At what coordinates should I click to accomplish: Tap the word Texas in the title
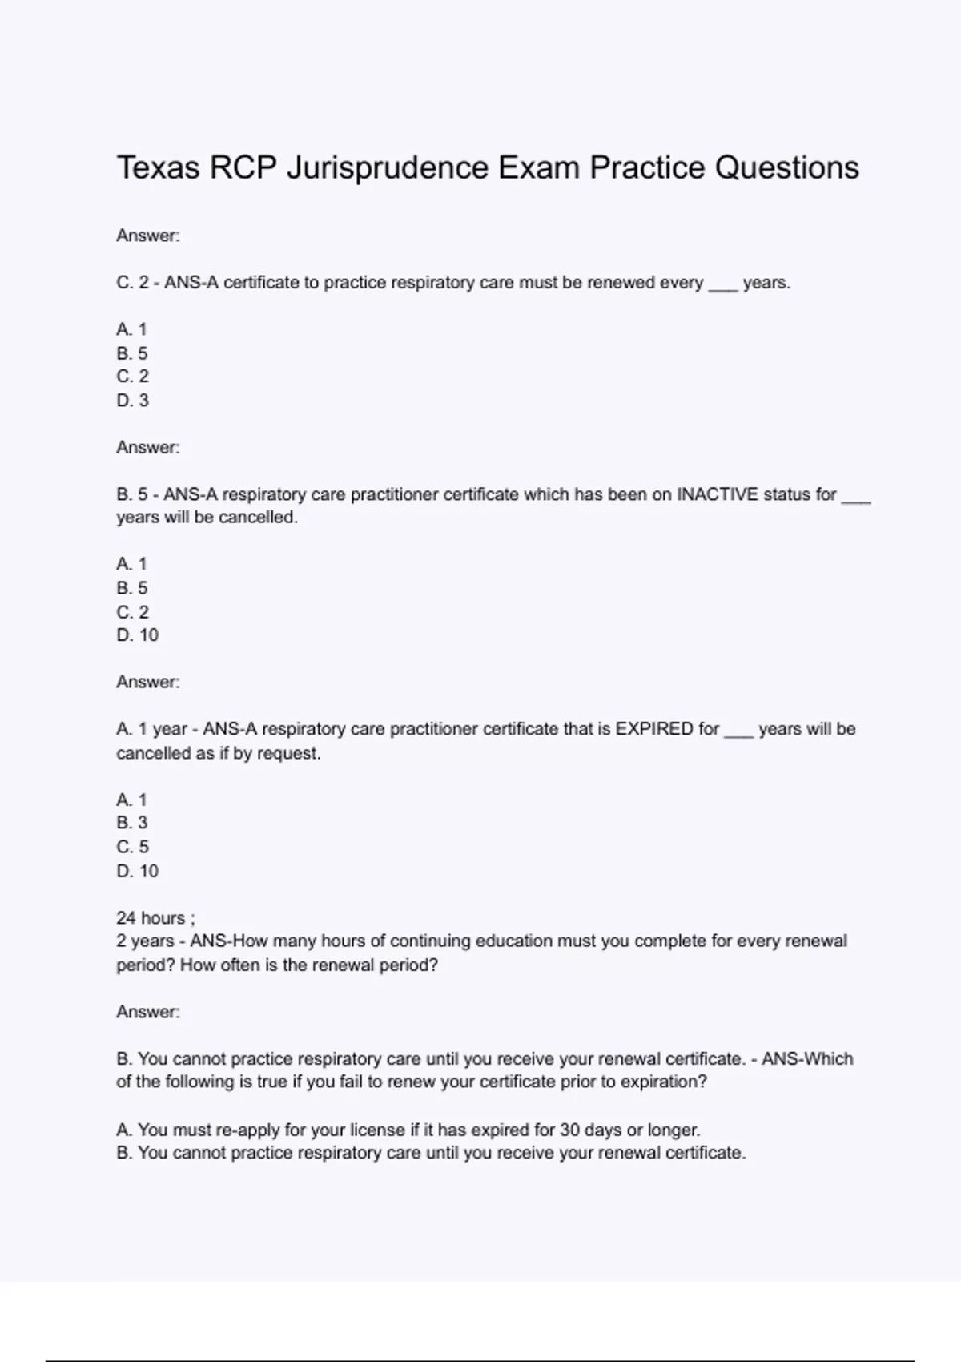pyautogui.click(x=158, y=168)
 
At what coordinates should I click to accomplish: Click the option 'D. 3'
pyautogui.click(x=133, y=400)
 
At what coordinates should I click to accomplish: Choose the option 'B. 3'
pyautogui.click(x=132, y=823)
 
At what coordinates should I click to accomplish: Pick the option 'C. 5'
pyautogui.click(x=133, y=847)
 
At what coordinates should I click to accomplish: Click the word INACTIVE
pyautogui.click(x=718, y=494)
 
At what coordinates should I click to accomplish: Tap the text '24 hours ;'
pyautogui.click(x=155, y=917)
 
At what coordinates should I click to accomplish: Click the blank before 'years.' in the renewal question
pyautogui.click(x=722, y=283)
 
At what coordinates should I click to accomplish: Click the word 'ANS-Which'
pyautogui.click(x=807, y=1058)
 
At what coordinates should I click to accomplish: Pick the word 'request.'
pyautogui.click(x=288, y=753)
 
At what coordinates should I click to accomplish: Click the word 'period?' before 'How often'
pyautogui.click(x=145, y=965)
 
